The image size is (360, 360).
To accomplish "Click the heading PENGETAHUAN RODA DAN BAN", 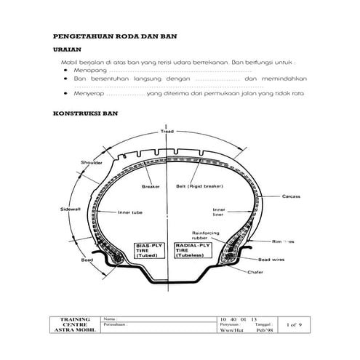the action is coord(116,36).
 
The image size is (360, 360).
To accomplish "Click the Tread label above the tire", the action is coord(167,132).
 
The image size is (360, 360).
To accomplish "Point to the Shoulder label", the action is coord(92,163).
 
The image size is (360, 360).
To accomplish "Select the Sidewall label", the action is coord(70,209).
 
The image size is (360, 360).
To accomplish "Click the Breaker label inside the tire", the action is coord(151,185).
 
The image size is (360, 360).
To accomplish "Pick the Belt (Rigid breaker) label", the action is coord(199,185).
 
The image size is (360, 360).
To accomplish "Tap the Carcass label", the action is coord(292,196).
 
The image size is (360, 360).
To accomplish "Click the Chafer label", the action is coord(255,273).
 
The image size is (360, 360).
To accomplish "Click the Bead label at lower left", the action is coord(87,259).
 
